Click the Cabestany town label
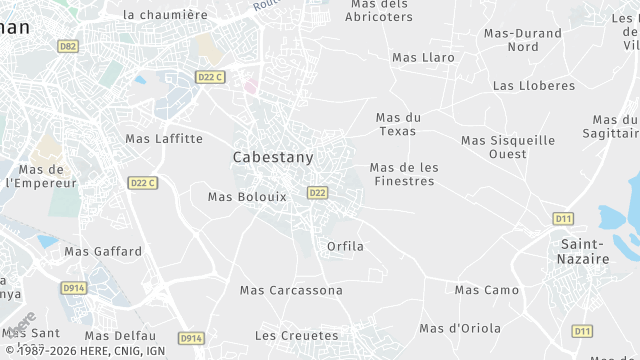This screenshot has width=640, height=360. [x=272, y=157]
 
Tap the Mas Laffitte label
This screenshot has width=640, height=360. [x=164, y=139]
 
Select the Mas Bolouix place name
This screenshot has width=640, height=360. [x=247, y=197]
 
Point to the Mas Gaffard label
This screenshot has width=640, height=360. [x=103, y=252]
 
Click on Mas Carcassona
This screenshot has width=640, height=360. [x=291, y=290]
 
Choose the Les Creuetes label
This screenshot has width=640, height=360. [x=297, y=335]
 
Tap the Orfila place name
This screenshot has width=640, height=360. [x=345, y=246]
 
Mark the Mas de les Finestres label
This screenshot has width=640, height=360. [x=403, y=174]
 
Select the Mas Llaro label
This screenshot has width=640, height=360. [x=423, y=57]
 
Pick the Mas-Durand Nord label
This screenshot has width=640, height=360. [x=523, y=40]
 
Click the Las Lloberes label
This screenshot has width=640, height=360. [x=534, y=86]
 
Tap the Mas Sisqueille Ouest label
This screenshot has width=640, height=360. [x=508, y=147]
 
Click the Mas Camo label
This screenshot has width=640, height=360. [x=487, y=290]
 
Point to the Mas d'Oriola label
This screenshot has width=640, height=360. [x=459, y=328]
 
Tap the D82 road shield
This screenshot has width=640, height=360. [x=68, y=46]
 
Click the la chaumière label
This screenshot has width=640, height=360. [x=165, y=15]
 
